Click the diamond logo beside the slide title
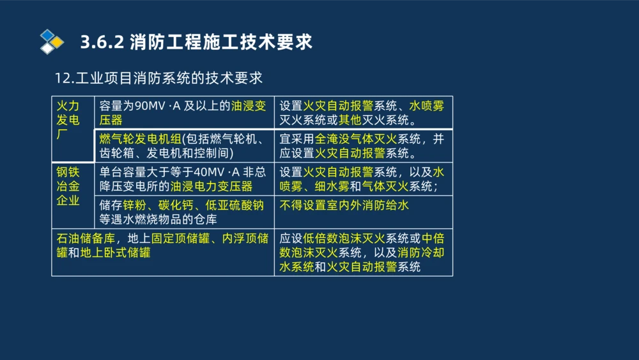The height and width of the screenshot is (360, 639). coord(52,42)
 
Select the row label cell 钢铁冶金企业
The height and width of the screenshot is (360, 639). coord(68,186)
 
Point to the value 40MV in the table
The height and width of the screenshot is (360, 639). coord(208,172)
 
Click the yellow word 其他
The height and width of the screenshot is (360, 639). coord(351,120)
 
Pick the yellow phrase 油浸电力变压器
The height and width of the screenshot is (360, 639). coord(212,186)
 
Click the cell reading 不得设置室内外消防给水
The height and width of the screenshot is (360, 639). coord(344,205)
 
